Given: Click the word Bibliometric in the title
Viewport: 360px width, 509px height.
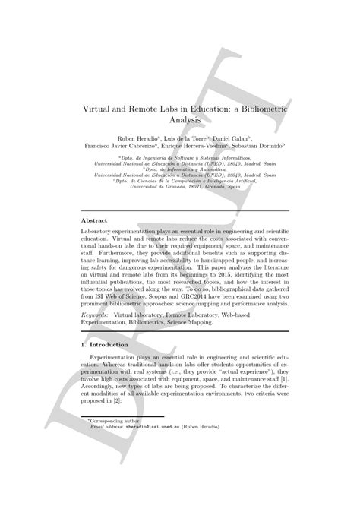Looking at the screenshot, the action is click(x=252, y=108).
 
